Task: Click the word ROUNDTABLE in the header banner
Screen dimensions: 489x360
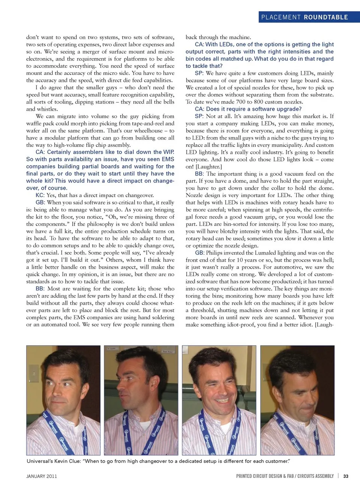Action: (325, 17)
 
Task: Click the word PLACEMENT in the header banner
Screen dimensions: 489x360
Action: (281, 17)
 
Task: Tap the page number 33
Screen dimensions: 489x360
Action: (346, 476)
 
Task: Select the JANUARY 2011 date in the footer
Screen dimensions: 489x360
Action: (42, 476)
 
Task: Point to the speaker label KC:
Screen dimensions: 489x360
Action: (40, 195)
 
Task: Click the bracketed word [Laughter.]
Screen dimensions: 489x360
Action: (209, 166)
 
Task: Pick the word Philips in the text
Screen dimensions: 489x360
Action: (214, 253)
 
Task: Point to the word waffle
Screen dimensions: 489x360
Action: (35, 123)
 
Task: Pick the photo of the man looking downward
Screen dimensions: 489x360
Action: (297, 400)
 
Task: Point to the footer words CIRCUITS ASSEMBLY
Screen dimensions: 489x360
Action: (315, 476)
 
